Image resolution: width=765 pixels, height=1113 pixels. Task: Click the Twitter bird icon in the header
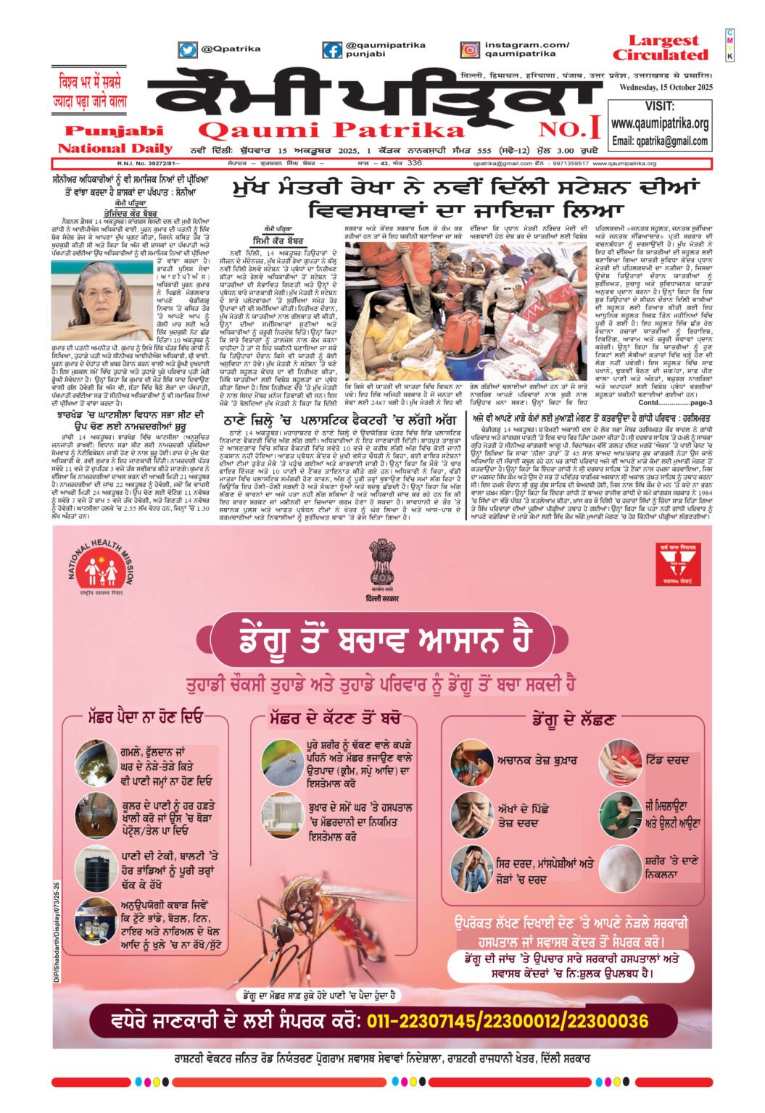[188, 49]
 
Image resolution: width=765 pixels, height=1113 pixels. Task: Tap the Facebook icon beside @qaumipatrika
[332, 49]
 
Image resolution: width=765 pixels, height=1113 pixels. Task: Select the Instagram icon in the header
[470, 49]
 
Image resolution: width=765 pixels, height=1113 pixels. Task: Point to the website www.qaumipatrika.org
[659, 124]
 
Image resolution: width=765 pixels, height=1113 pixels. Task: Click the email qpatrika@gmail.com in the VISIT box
[659, 141]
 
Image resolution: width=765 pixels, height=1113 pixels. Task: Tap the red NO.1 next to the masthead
[569, 129]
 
